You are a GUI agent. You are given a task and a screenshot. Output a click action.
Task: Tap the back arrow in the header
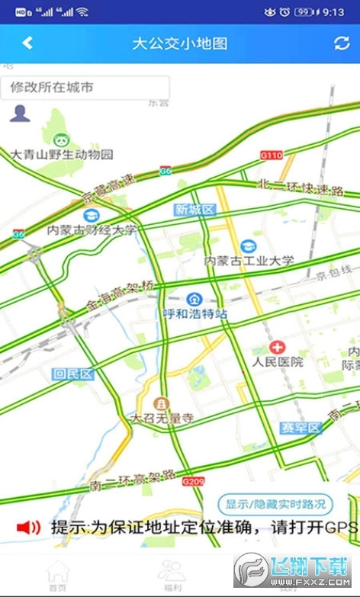tap(27, 43)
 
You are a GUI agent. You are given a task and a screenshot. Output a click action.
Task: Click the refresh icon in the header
tap(342, 43)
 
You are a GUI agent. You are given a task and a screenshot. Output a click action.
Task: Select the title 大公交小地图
tap(180, 43)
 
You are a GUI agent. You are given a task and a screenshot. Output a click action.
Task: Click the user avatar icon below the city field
tap(20, 114)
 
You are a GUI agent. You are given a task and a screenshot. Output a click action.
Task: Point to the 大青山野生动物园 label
tap(62, 154)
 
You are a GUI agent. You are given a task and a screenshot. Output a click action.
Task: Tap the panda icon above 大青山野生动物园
tap(61, 138)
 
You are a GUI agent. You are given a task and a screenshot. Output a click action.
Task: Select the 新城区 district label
tap(195, 210)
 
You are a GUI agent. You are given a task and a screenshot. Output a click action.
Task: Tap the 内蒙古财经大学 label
tap(92, 229)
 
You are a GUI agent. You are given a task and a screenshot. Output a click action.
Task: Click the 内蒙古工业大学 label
tap(249, 261)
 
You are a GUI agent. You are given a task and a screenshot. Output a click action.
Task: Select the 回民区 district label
tap(73, 374)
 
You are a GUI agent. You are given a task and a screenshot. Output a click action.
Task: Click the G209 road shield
tap(194, 482)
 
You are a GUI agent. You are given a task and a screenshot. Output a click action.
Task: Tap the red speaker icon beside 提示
tap(28, 527)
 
